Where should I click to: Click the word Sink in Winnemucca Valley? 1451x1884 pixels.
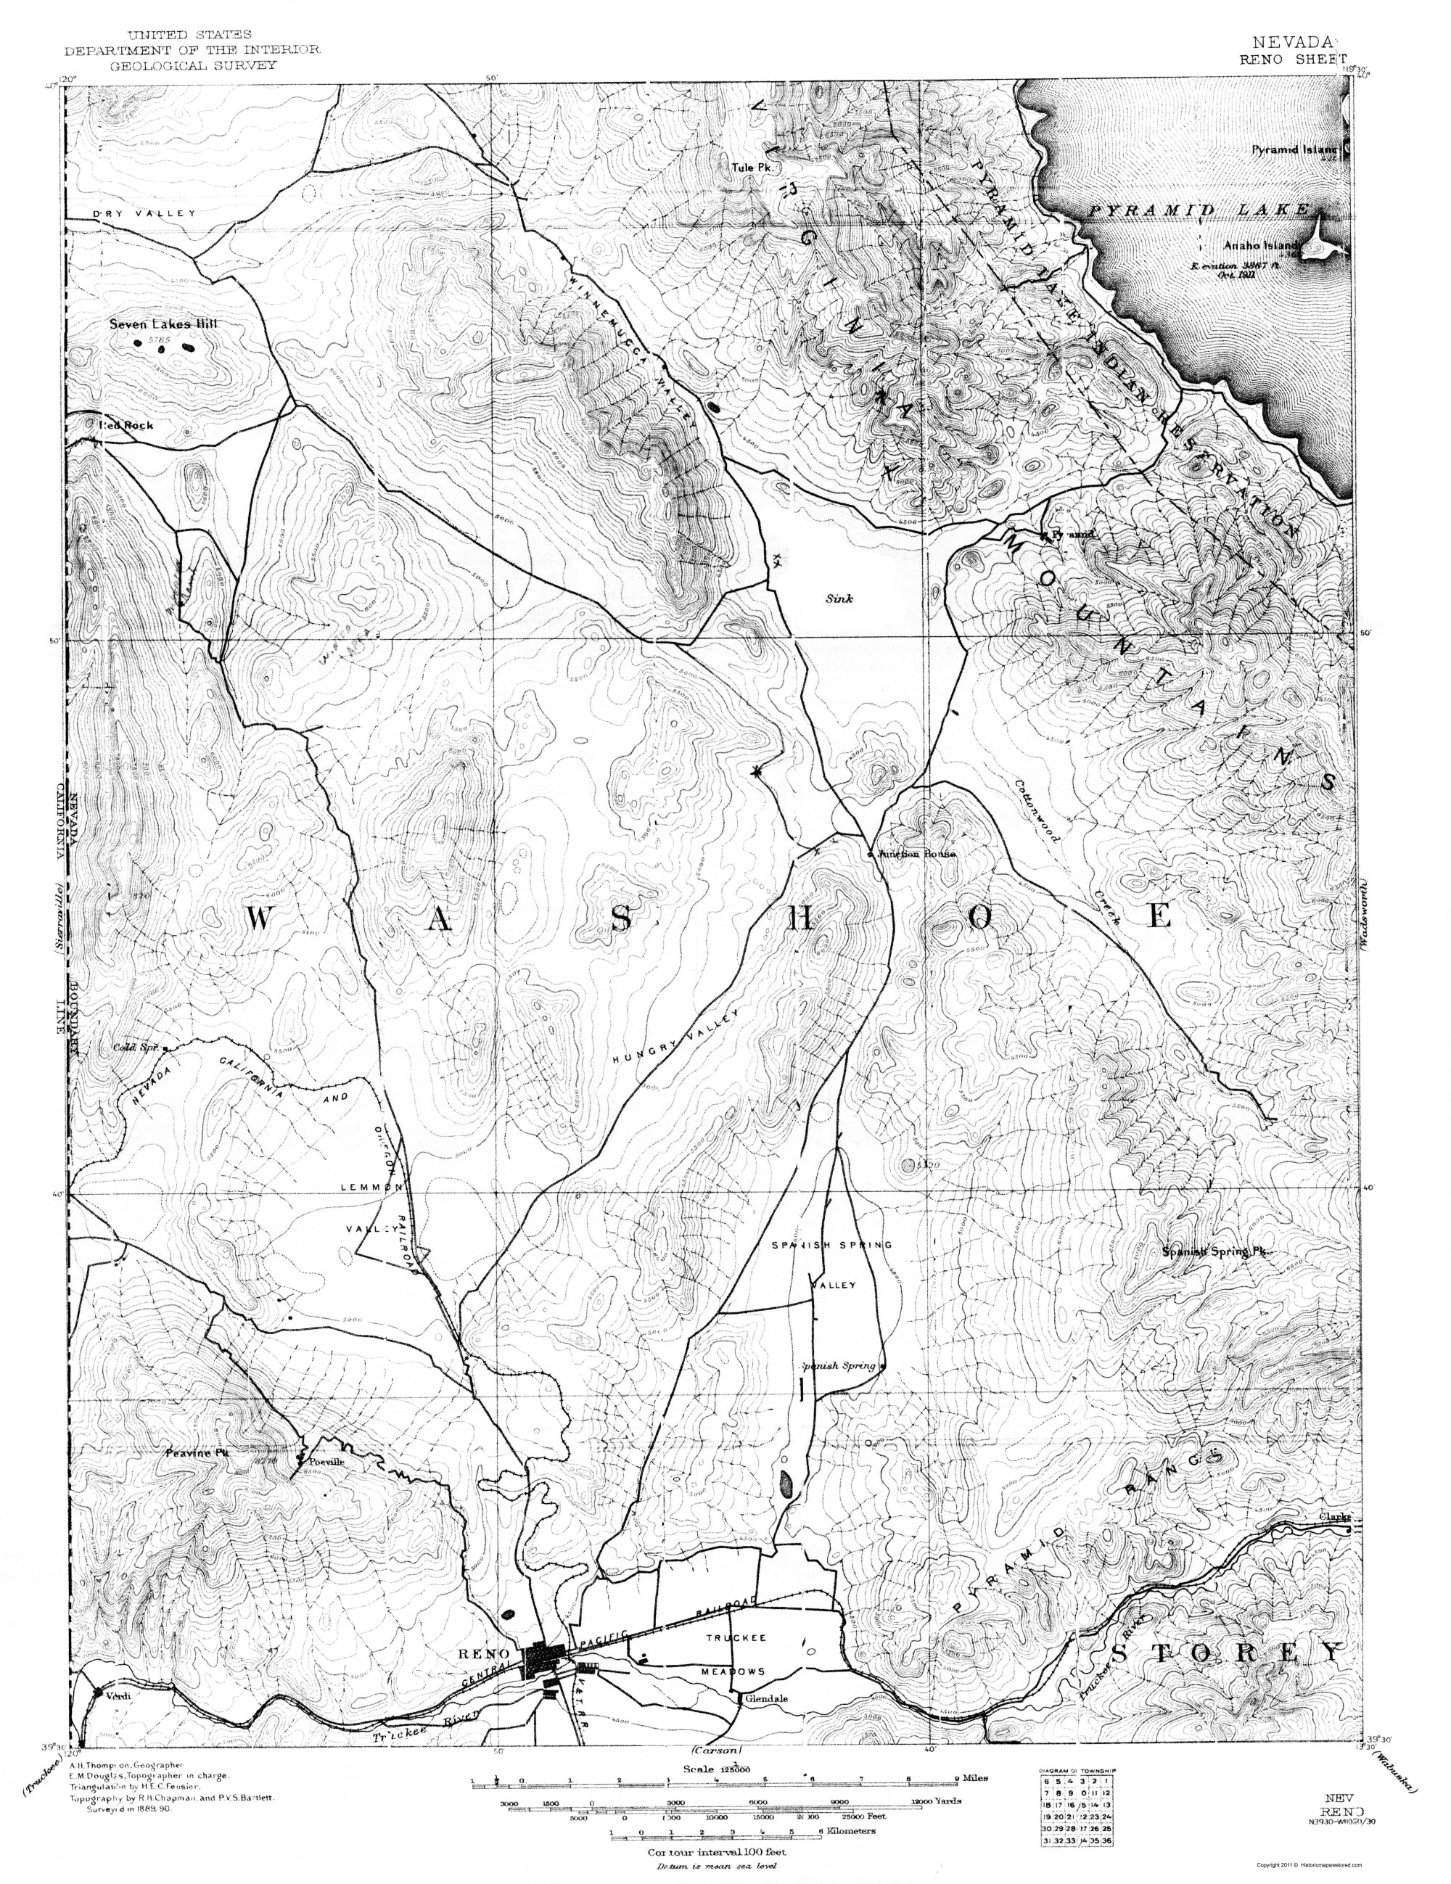[837, 598]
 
